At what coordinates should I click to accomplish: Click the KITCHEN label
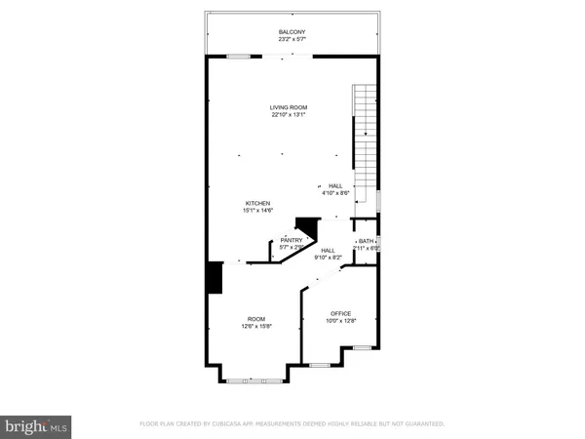click(x=256, y=203)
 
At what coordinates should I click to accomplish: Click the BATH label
click(x=367, y=241)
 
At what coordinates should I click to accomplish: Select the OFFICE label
click(x=339, y=313)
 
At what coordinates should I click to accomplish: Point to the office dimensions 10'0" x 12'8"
click(x=339, y=321)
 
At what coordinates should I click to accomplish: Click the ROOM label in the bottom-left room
click(x=256, y=319)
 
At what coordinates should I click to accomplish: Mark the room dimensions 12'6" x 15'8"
click(x=256, y=327)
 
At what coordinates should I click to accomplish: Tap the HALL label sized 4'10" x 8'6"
click(x=335, y=185)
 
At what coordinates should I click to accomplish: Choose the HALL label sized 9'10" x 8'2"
click(x=329, y=251)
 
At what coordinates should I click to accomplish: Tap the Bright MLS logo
click(x=38, y=425)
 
